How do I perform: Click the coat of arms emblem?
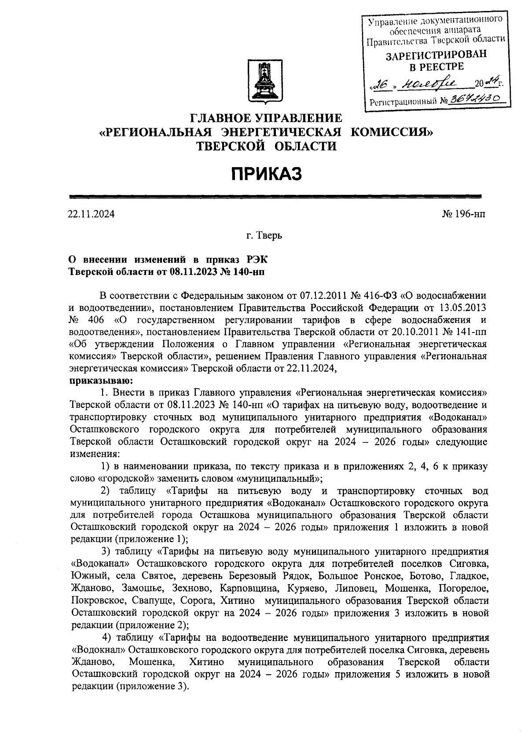[264, 83]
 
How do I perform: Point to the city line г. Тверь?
[264, 236]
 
